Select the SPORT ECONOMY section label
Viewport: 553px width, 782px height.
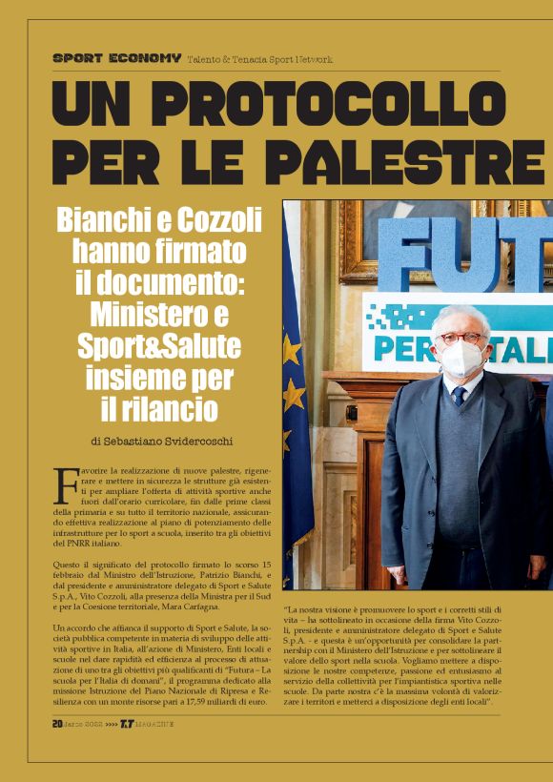click(x=116, y=58)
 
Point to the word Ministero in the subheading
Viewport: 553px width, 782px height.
click(x=148, y=314)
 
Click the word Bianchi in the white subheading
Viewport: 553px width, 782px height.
click(x=106, y=220)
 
